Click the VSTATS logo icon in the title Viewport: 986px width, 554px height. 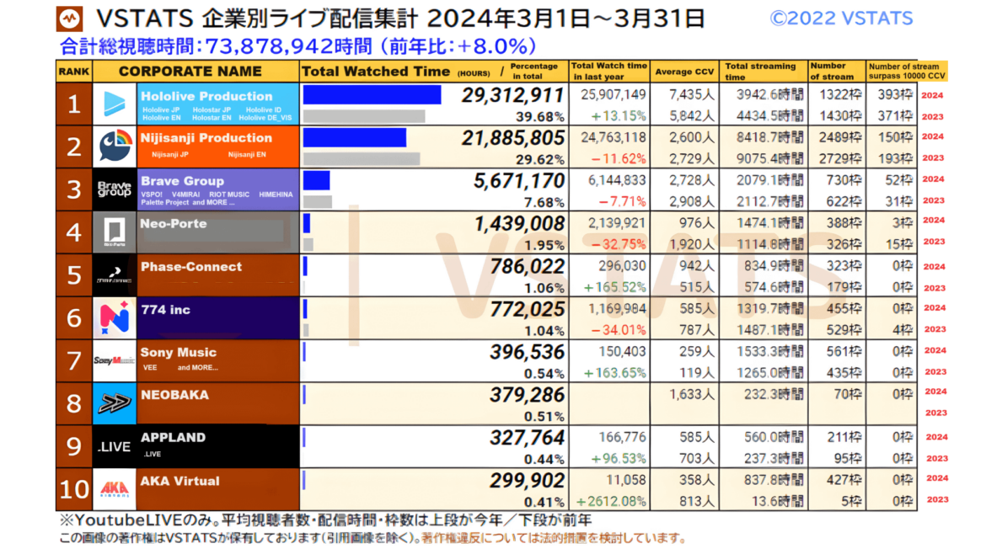70,19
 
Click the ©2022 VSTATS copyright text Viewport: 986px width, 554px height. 840,19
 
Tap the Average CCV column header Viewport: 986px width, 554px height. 684,72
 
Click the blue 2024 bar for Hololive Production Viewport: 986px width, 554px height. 372,94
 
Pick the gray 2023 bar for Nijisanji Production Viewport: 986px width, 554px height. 361,158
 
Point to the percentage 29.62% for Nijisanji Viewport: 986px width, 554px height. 544,158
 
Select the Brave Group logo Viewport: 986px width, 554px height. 114,189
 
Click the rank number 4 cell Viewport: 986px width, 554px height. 74,232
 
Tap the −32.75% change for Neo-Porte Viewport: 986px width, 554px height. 622,245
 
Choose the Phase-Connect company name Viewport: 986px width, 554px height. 191,267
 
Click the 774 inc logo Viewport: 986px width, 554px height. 114,317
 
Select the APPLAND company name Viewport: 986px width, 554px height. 173,437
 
